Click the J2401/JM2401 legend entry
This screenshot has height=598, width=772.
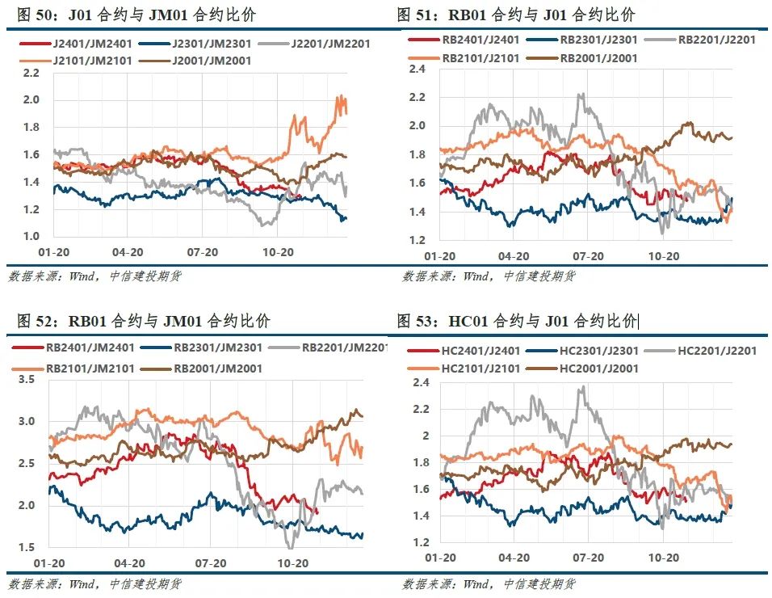78,44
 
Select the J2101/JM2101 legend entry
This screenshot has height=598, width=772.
78,60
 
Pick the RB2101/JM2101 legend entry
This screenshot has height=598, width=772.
78,368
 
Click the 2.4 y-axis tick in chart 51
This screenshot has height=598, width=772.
417,69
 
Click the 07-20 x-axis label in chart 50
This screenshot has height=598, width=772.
203,253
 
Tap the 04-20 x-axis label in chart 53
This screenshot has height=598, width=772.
513,558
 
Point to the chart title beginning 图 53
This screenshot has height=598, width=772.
517,322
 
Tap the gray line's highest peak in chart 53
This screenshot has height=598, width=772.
582,387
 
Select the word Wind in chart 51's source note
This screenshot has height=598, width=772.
476,276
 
